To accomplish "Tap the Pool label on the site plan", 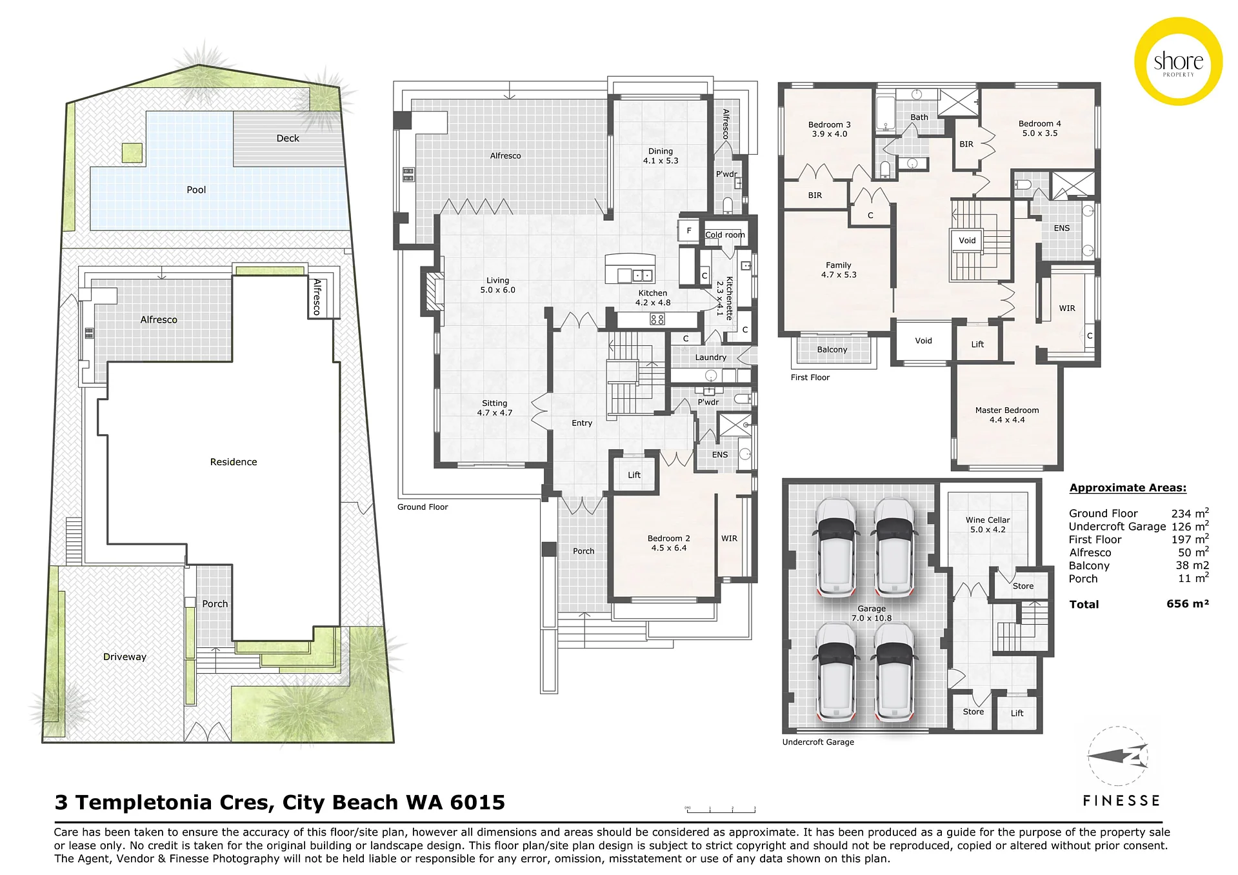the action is click(196, 190).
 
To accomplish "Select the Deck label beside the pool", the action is click(288, 138).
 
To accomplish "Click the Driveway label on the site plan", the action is click(125, 657).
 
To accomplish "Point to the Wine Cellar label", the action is click(988, 520).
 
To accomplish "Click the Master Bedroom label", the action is click(1007, 410).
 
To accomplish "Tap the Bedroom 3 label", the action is click(830, 125).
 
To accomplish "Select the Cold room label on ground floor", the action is click(724, 235).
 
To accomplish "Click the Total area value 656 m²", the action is click(1188, 604).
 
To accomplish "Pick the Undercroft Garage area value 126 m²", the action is click(1190, 526).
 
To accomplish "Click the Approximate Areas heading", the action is click(1128, 488).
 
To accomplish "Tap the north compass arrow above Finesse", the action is click(1117, 756).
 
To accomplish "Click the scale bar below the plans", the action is click(720, 809).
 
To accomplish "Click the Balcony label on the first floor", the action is click(832, 350).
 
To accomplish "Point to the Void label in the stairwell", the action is click(967, 241).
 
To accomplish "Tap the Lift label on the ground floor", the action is click(634, 475).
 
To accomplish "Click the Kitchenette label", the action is click(729, 298).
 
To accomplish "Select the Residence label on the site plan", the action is click(234, 462).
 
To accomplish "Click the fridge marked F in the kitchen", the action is click(689, 231).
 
